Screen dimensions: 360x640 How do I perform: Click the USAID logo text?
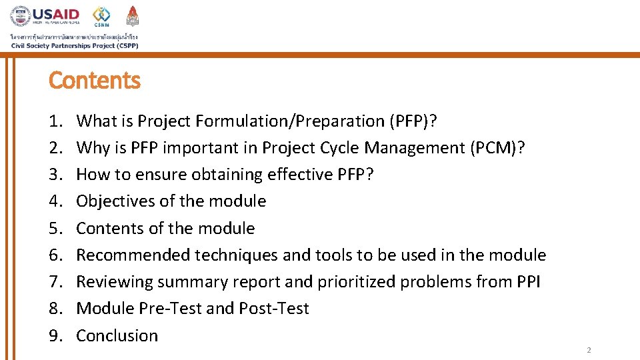[x=55, y=14]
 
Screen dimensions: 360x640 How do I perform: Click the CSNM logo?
[x=101, y=16]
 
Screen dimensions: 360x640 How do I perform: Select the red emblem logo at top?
[x=132, y=16]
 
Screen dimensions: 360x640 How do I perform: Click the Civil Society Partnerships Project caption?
[x=74, y=45]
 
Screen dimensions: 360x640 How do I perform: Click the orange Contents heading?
[x=95, y=81]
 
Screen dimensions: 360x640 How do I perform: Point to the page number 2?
[x=589, y=350]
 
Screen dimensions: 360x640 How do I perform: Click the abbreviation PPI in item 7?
[x=528, y=282]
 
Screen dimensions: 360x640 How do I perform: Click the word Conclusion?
[x=117, y=336]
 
